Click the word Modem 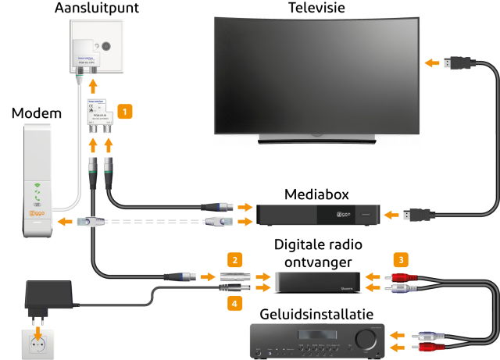36,114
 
